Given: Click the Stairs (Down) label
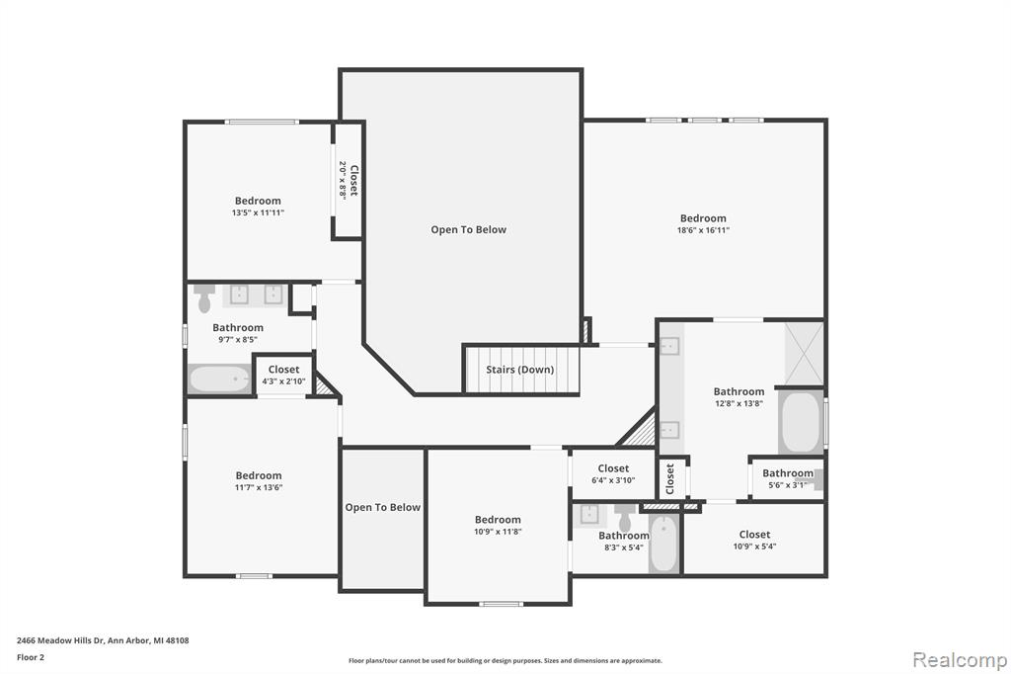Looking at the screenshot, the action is (x=519, y=370).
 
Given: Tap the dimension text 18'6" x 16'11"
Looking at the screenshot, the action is (x=703, y=230).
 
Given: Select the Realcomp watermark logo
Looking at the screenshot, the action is (x=960, y=659).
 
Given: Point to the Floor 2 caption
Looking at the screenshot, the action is (x=31, y=657).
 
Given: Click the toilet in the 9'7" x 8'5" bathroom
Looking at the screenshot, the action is (x=205, y=297).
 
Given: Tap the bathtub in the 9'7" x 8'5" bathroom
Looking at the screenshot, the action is (x=219, y=379).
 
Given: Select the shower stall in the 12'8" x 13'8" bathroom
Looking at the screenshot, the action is (x=804, y=353).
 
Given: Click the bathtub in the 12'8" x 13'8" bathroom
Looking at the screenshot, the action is (x=800, y=422).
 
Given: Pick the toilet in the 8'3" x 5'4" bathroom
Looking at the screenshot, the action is (x=624, y=517).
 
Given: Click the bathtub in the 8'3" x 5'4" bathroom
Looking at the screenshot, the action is (x=663, y=543).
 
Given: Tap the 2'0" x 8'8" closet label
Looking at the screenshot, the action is (x=349, y=180).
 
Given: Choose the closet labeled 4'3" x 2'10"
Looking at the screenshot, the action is (x=283, y=376).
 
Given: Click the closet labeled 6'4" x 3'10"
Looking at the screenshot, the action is (x=613, y=473).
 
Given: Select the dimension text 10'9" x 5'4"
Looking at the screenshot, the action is (x=754, y=547).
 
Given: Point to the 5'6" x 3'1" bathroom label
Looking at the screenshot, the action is (x=787, y=478).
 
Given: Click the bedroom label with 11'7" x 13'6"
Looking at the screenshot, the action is (x=259, y=481).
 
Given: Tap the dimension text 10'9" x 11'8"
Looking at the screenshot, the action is (x=498, y=532).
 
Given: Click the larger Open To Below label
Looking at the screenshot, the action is (x=469, y=229).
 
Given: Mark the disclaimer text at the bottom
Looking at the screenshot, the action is (x=505, y=660).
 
